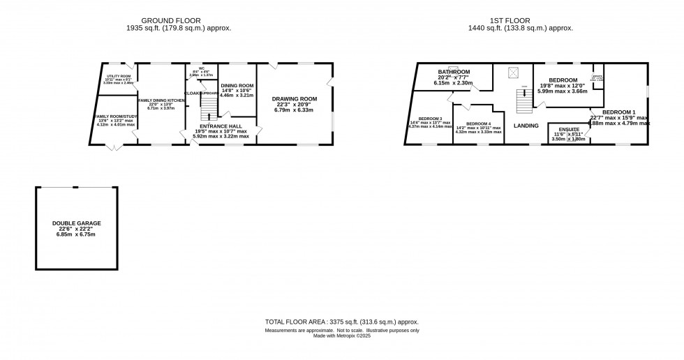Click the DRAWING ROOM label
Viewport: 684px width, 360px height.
coord(294,99)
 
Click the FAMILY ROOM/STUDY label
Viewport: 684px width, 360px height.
coord(115,116)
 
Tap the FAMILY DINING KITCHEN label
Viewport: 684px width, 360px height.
coord(161,100)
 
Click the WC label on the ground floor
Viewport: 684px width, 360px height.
coord(199,69)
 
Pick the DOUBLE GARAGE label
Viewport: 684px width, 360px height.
coord(76,223)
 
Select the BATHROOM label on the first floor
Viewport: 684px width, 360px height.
coord(454,72)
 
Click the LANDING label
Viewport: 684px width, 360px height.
coord(526,126)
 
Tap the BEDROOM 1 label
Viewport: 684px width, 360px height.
coord(619,112)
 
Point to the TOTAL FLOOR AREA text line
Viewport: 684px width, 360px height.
coord(341,322)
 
